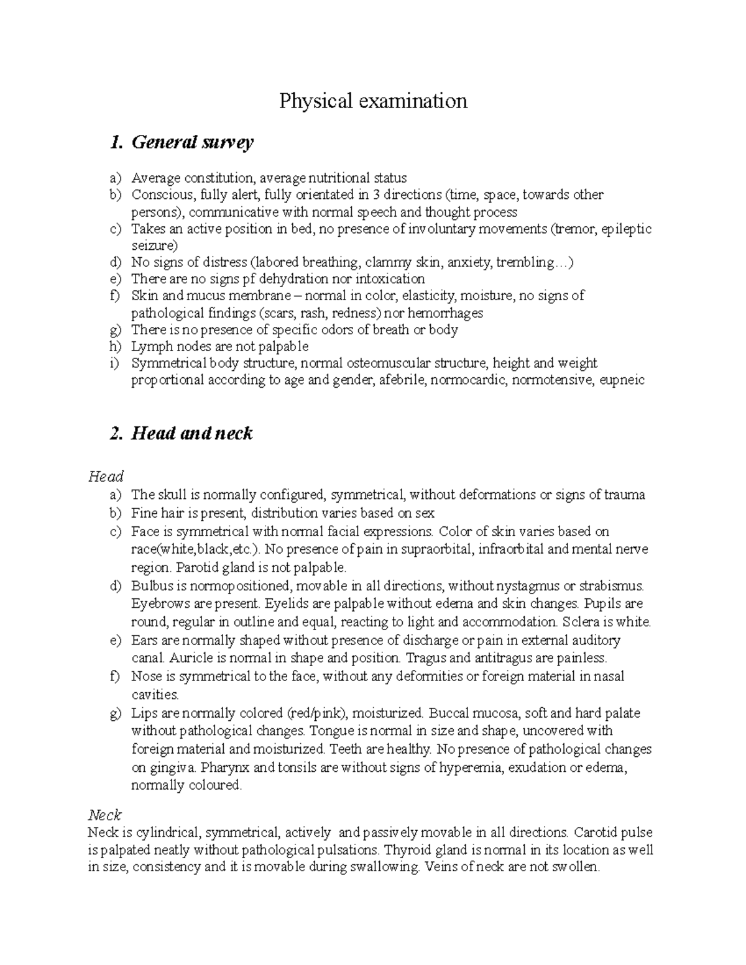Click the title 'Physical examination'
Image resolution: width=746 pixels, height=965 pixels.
pos(373,101)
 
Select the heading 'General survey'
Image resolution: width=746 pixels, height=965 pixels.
pos(191,142)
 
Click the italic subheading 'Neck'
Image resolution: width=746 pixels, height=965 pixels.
pos(104,815)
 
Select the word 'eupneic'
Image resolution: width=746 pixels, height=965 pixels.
pos(621,380)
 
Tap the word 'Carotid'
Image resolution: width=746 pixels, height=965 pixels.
pos(597,832)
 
